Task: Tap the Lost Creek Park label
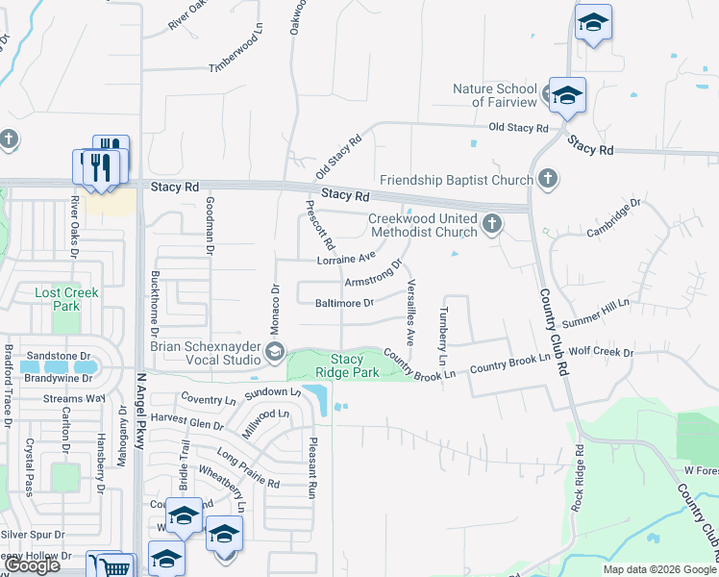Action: coord(53,299)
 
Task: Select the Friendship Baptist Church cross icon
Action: coord(548,179)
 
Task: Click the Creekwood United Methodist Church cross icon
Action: coord(492,225)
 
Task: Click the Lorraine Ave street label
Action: coord(347,259)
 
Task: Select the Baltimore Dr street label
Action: coord(344,303)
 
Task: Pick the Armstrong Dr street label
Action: coord(373,273)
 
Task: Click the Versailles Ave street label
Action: coord(410,312)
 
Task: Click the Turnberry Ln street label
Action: coord(443,335)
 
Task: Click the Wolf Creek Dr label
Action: coord(602,353)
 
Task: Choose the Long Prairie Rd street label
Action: coord(248,466)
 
